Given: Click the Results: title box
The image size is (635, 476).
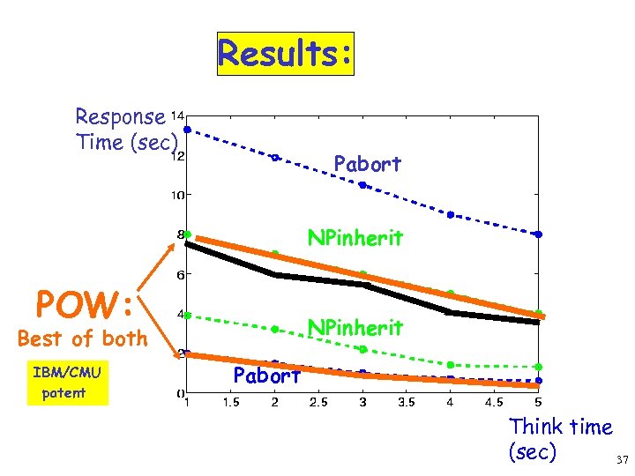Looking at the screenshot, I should click(x=285, y=54).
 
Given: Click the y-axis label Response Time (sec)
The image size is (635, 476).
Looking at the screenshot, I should click(x=127, y=130).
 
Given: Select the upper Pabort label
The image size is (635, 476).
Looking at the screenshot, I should click(x=367, y=164).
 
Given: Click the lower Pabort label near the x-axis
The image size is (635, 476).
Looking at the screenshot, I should click(x=268, y=376).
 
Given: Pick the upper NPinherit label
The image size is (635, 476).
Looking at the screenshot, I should click(x=355, y=238).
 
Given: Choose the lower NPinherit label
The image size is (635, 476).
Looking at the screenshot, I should click(x=355, y=328).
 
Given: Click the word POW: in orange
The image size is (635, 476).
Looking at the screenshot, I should click(x=85, y=305).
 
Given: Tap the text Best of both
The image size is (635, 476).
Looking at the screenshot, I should click(x=82, y=338).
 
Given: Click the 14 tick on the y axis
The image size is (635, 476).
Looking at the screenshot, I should click(x=177, y=115).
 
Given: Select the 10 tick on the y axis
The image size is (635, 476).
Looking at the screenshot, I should click(x=177, y=196).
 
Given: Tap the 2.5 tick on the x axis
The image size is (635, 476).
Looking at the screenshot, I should click(x=318, y=404).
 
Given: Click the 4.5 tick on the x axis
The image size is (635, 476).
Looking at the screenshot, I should click(x=494, y=404).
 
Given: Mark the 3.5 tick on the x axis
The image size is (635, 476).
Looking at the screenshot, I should click(x=406, y=404).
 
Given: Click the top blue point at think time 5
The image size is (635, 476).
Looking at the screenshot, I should click(x=538, y=234).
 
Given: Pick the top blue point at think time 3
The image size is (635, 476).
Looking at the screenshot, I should click(x=362, y=185).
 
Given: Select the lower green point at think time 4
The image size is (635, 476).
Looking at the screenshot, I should click(x=450, y=364).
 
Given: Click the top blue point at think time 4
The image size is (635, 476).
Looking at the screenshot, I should click(x=450, y=214).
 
